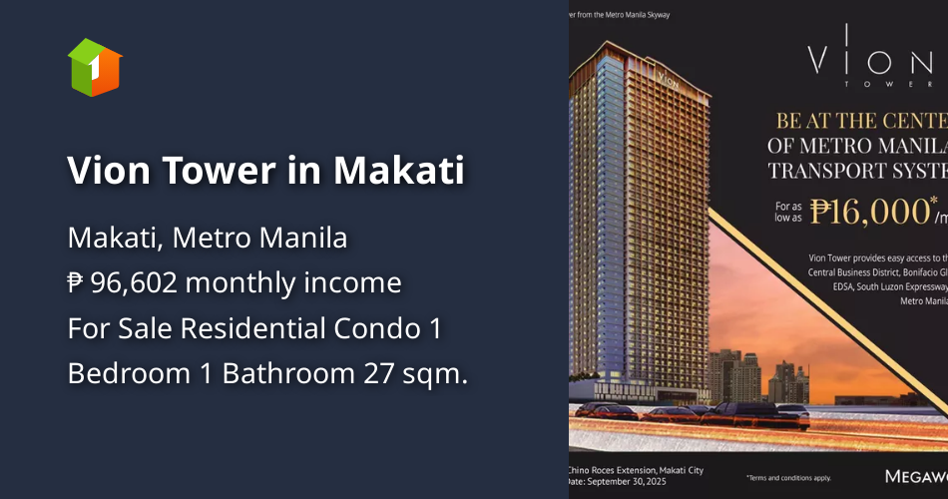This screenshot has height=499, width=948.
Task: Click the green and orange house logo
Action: pos(95,67)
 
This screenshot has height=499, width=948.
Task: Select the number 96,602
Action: pos(134,283)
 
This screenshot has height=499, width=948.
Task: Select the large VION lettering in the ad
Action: pos(876,62)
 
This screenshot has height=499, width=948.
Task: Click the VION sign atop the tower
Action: pos(668,84)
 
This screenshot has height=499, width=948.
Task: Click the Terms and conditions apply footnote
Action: pos(789,478)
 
